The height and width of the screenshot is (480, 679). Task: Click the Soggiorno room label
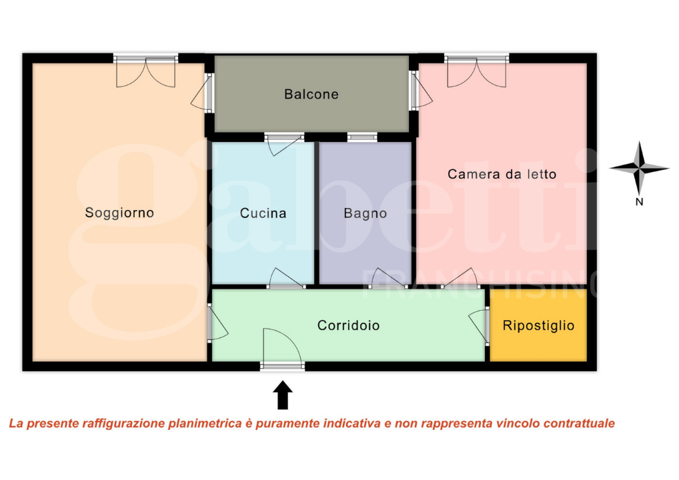click(x=119, y=213)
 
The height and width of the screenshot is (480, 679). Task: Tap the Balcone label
click(x=311, y=94)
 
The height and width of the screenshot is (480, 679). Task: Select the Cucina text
click(x=263, y=213)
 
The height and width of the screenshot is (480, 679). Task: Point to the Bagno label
click(x=365, y=213)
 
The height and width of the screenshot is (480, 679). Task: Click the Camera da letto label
click(x=502, y=174)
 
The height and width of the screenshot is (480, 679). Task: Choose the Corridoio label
click(x=348, y=325)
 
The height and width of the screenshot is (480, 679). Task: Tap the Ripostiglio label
click(x=538, y=325)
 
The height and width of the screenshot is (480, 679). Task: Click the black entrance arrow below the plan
click(x=283, y=395)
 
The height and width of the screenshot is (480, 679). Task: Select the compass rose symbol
click(x=638, y=168)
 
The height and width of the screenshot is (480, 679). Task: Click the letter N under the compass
click(x=638, y=203)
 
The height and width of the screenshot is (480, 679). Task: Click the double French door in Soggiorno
click(x=145, y=71)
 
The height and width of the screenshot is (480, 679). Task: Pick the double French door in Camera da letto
click(x=477, y=71)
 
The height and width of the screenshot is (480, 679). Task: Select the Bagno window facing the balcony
click(x=362, y=137)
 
